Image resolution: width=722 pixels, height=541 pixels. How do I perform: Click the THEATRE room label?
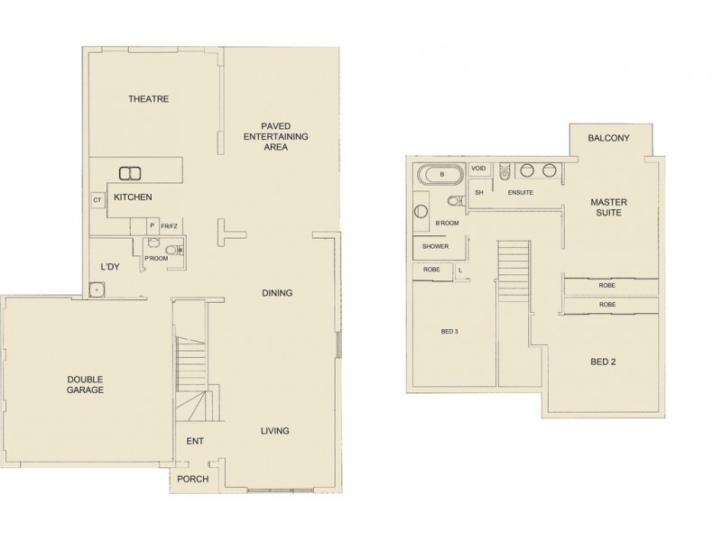[149, 99]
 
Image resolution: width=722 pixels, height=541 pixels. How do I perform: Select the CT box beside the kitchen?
[96, 200]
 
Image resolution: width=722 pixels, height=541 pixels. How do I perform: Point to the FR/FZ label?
[169, 226]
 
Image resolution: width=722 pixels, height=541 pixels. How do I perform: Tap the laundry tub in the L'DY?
[97, 289]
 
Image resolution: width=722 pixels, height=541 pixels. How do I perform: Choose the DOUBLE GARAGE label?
[85, 385]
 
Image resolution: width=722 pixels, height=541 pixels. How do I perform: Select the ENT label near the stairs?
[194, 442]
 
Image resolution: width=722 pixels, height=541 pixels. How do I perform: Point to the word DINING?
[276, 293]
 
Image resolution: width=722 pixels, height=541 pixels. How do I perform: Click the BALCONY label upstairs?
[607, 138]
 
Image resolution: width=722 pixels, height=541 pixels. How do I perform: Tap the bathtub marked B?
[440, 173]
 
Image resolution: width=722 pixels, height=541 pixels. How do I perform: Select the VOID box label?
[479, 169]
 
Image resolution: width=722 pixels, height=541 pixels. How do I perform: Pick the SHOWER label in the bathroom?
[435, 246]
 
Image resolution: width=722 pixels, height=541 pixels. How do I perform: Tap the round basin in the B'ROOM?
[421, 214]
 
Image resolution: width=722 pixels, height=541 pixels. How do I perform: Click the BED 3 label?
[449, 331]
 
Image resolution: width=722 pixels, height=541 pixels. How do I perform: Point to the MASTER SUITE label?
[609, 207]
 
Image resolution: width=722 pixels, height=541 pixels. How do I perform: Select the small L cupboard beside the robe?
[460, 270]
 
